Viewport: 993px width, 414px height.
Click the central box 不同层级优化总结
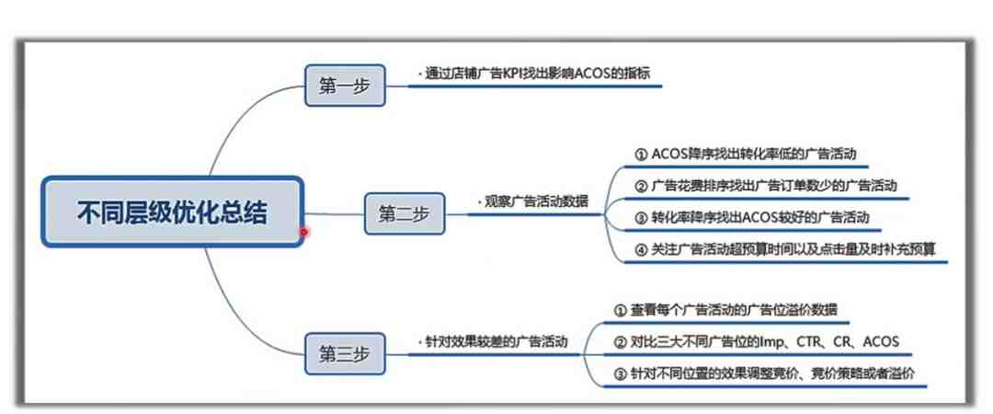(172, 212)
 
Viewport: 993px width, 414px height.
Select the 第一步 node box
(345, 86)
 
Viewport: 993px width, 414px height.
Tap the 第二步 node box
(404, 213)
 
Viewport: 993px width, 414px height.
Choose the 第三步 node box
(345, 354)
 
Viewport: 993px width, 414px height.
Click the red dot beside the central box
(304, 232)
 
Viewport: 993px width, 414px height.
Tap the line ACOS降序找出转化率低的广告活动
(746, 154)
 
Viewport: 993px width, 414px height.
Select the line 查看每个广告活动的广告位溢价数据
(725, 310)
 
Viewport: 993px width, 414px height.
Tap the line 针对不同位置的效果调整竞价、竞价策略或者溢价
(764, 374)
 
